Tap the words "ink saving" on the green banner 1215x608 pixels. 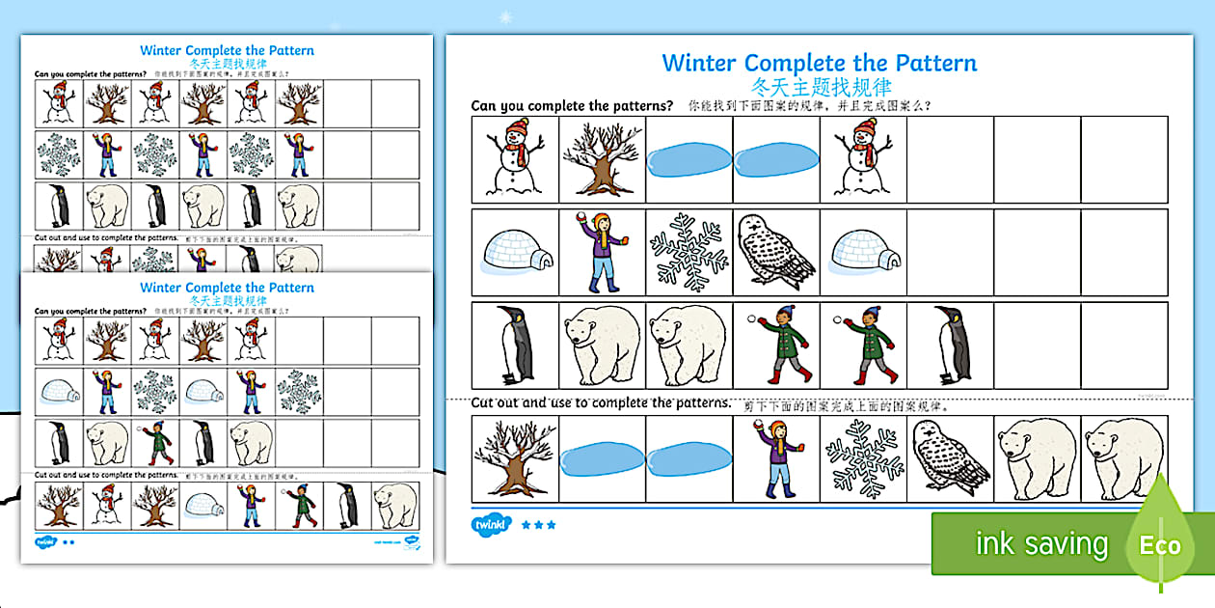1041,544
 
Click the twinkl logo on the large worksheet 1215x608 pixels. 488,525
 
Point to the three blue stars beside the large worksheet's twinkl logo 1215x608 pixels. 538,526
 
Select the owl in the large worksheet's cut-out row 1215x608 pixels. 949,458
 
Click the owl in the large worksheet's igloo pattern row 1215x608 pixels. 775,251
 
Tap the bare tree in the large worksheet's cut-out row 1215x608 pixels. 515,458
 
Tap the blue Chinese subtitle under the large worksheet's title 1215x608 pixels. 820,86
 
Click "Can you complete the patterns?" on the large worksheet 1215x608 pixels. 572,106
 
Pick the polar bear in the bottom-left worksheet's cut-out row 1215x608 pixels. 395,505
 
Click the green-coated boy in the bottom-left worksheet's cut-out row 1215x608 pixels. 299,505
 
